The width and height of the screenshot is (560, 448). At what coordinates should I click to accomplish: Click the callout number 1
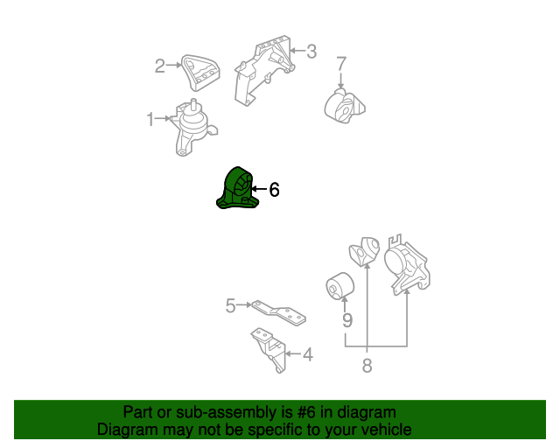(x=150, y=119)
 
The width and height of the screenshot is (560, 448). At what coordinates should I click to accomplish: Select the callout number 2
(x=160, y=66)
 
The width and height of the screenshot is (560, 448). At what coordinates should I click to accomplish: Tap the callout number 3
(x=311, y=52)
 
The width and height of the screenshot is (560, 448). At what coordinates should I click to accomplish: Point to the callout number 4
(x=308, y=354)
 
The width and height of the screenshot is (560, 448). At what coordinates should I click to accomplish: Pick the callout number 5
(x=231, y=305)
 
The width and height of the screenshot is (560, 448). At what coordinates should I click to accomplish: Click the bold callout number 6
(x=274, y=189)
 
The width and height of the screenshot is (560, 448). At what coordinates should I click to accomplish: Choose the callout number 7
(x=341, y=64)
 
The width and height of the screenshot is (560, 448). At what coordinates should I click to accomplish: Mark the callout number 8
(x=367, y=366)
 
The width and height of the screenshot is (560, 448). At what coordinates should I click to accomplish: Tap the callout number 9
(x=347, y=320)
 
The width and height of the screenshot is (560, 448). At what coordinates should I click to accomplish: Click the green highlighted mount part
(x=237, y=189)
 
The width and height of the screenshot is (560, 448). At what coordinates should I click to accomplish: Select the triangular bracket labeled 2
(x=200, y=73)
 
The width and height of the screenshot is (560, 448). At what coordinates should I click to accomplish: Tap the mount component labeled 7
(x=344, y=106)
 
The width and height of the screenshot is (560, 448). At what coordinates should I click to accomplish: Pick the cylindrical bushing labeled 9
(x=340, y=286)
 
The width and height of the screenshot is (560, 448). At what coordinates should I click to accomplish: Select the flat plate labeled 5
(x=279, y=313)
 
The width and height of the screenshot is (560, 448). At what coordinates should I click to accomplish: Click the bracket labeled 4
(x=269, y=350)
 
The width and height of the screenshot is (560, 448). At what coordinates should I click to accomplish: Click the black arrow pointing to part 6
(x=259, y=188)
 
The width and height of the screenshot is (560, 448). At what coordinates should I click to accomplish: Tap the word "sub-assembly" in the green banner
(x=227, y=413)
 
